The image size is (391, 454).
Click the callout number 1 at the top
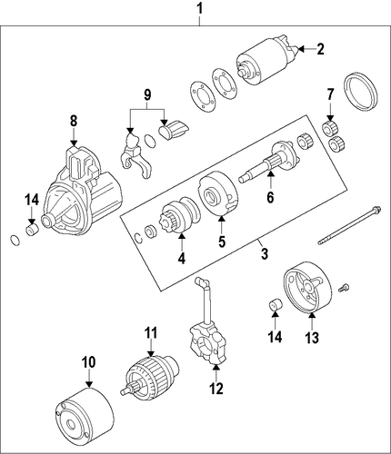pos(199,9)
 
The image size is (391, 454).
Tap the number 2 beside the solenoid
pos(320,49)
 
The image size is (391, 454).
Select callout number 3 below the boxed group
pos(265,253)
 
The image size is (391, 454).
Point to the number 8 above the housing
pos(74,122)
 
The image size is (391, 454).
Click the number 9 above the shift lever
pos(147,94)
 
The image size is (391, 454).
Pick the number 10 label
pos(88,361)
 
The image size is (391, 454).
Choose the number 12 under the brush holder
pos(216,389)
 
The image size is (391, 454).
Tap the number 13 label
pos(312,338)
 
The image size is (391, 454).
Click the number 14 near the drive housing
pos(32,200)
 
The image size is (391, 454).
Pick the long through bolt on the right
pos(349,225)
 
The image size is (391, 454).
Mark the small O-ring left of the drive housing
pos(15,240)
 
